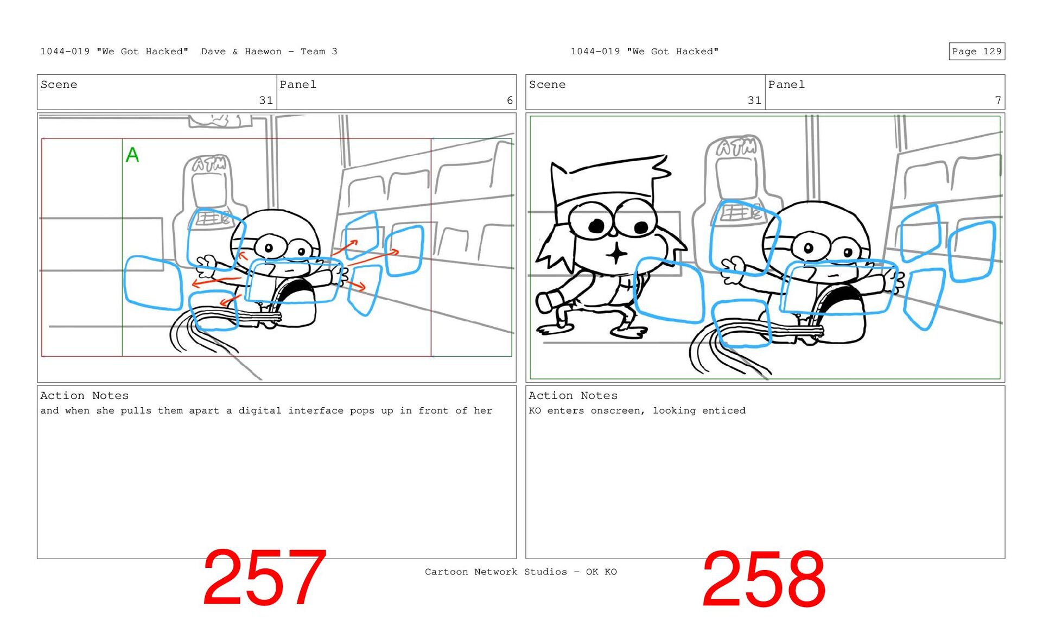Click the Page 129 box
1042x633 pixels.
976,51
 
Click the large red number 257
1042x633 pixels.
264,578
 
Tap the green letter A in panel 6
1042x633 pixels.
132,155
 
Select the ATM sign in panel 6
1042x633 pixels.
209,163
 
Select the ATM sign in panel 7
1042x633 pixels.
736,147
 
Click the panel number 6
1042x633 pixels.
510,100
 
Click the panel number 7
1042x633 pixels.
997,100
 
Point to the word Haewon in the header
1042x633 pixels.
263,52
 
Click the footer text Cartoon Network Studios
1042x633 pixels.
495,572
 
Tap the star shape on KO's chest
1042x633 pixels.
616,253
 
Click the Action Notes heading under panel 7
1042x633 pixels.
573,395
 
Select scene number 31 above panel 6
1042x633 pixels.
266,100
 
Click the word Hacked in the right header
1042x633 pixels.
697,52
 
